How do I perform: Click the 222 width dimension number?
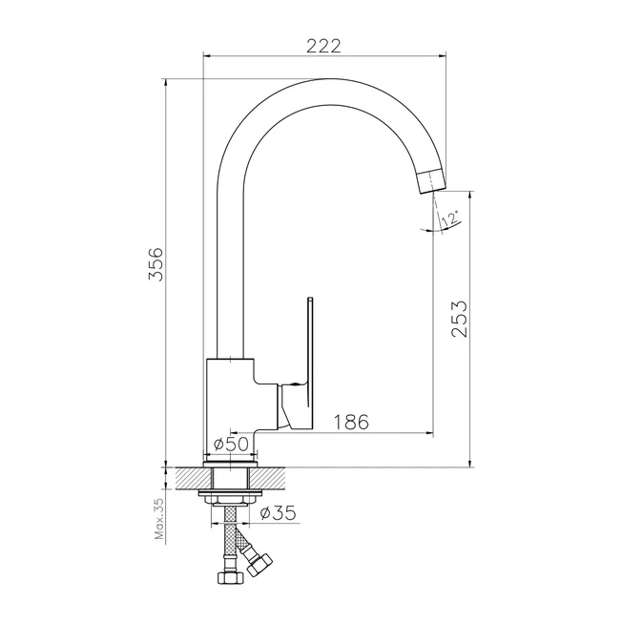pos(323,47)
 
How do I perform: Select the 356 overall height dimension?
pos(155,264)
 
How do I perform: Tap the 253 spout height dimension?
pos(460,319)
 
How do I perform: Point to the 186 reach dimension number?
pos(351,422)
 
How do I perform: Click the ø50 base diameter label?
pos(231,444)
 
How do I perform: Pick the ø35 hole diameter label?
pos(278,513)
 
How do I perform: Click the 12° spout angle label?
pos(450,218)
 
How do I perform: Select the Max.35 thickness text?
pos(159,519)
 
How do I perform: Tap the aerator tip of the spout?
pos(431,181)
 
